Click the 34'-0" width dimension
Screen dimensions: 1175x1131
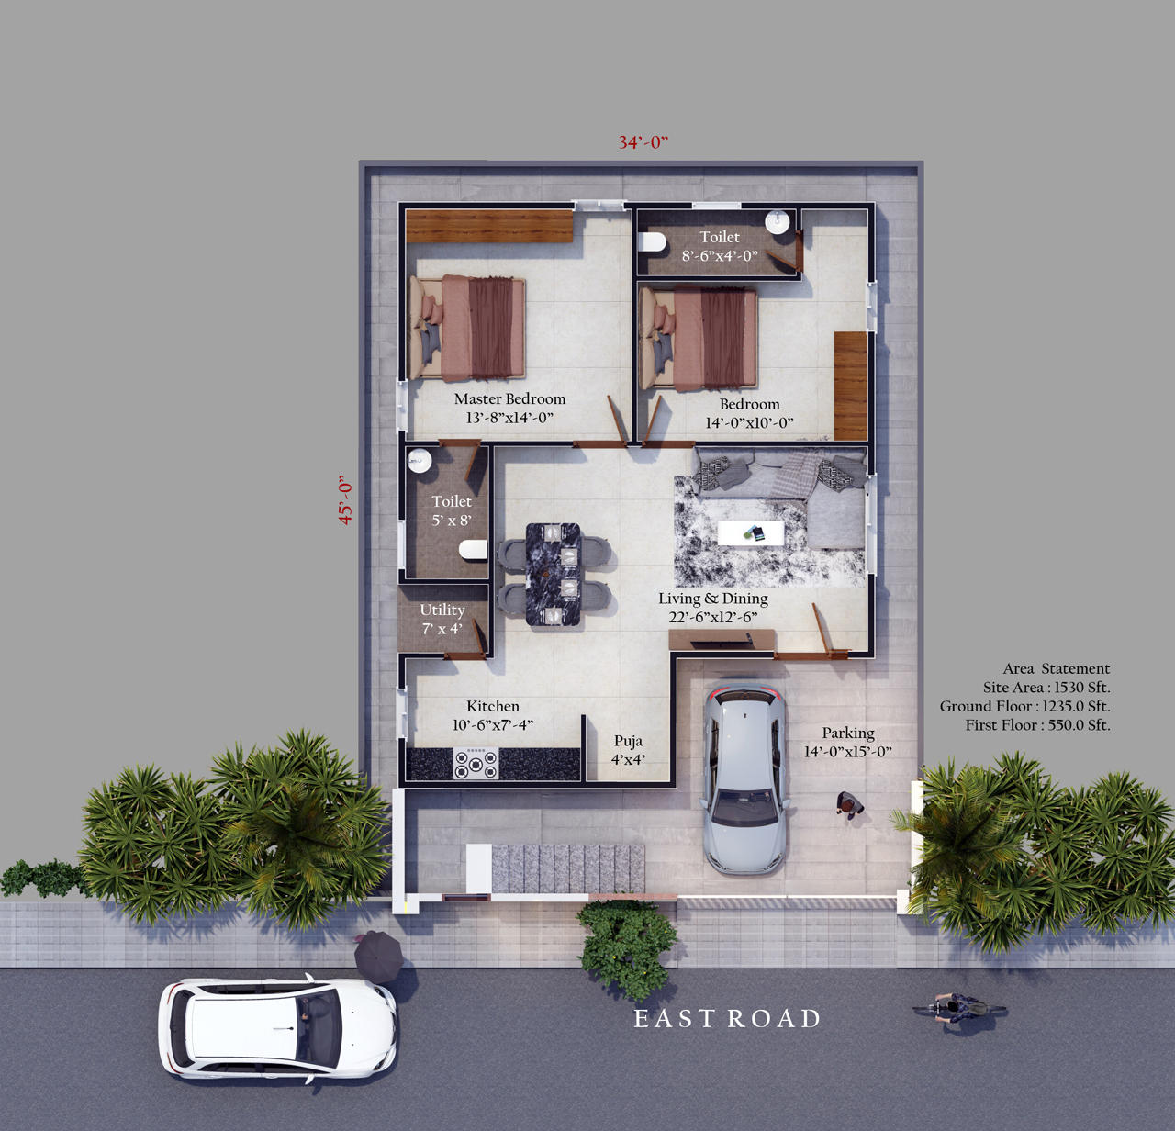pos(643,142)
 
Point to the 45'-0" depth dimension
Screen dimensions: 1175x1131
pos(345,499)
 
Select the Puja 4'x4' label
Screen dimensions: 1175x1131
pos(628,750)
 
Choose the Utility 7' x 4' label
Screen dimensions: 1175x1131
pos(442,619)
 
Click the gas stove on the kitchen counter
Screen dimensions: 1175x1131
pos(476,763)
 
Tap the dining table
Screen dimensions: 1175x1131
pos(554,575)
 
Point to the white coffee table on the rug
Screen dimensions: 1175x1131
pos(751,533)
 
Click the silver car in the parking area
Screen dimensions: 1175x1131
pos(744,779)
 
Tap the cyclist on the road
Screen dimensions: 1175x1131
pos(959,1008)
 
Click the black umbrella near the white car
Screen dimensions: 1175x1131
pos(378,957)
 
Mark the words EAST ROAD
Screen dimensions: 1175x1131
pos(727,1019)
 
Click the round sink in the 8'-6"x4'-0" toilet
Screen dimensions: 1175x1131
pos(778,221)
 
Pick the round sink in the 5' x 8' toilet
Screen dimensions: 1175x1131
pos(419,460)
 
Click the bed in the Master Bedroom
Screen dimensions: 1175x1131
pos(466,328)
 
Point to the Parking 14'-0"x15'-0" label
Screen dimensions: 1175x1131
pos(847,742)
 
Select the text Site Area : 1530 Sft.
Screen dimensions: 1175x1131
pos(1046,688)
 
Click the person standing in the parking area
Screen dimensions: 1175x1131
pos(849,805)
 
